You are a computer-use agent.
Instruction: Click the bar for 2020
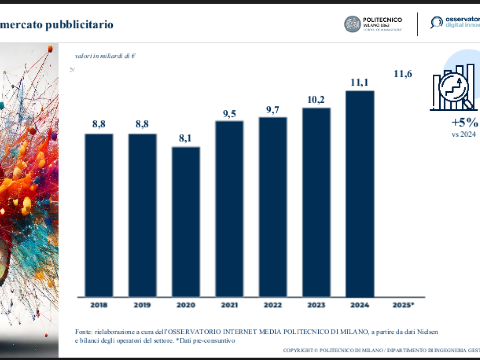tap(186, 222)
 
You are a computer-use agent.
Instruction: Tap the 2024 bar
tap(360, 194)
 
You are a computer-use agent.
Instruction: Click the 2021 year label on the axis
tap(229, 305)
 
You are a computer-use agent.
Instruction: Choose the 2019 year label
tap(142, 305)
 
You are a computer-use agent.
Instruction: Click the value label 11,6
tap(403, 74)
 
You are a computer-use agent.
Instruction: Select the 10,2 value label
tap(316, 99)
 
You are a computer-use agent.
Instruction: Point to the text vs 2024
tap(464, 134)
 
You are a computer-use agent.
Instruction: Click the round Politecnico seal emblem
tap(352, 24)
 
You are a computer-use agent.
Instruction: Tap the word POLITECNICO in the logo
tap(382, 20)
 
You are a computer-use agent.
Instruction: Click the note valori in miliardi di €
tap(105, 56)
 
